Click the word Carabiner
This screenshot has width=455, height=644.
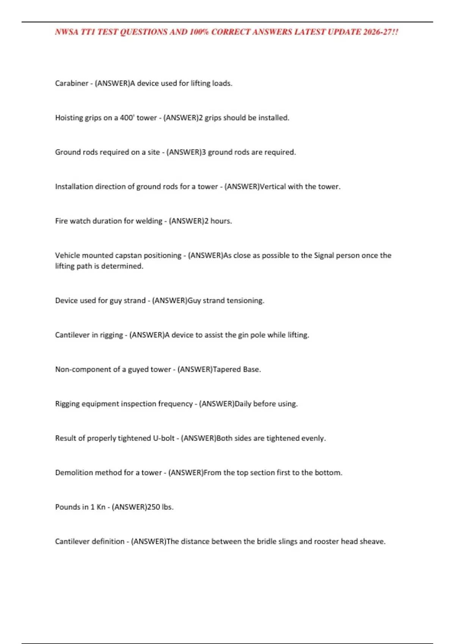[x=72, y=83]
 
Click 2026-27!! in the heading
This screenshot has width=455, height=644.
[x=380, y=32]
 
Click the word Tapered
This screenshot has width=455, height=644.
[x=227, y=369]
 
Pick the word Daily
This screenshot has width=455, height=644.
[x=243, y=404]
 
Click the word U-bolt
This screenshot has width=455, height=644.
[x=163, y=438]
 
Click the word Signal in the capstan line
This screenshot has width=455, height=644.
[x=324, y=255]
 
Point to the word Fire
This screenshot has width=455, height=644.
[x=61, y=221]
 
